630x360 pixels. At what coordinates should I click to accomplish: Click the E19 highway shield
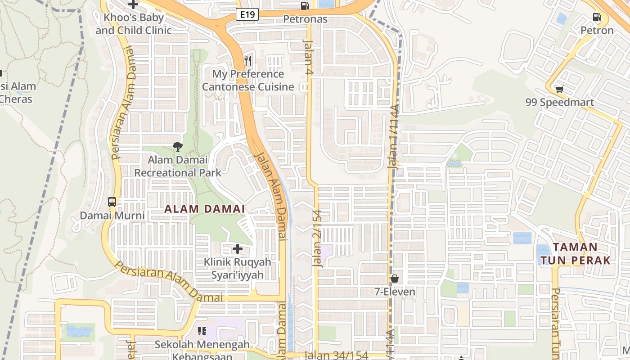247,14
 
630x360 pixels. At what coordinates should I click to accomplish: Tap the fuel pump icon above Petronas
305,6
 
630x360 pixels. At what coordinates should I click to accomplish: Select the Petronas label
305,19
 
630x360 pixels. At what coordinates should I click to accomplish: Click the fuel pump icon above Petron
597,18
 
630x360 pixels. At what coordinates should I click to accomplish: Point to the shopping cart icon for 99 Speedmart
559,89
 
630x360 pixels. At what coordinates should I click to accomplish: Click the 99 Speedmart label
559,103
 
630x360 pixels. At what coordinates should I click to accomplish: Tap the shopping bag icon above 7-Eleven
395,279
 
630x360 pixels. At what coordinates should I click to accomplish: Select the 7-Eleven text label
395,292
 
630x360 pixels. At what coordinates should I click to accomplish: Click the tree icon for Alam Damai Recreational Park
178,146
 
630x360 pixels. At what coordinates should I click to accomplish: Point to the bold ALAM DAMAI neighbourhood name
205,209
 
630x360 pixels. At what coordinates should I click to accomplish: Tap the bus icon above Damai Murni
112,202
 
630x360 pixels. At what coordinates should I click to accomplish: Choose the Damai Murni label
112,216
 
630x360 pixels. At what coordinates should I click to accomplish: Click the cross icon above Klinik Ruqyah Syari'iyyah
238,248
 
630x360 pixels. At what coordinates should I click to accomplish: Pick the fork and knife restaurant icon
248,60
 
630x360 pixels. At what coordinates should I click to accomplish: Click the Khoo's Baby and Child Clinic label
133,24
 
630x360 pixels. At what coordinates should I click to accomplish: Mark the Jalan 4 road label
308,56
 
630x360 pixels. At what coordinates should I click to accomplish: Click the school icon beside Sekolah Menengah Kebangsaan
202,332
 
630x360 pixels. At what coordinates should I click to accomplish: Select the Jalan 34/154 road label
337,355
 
